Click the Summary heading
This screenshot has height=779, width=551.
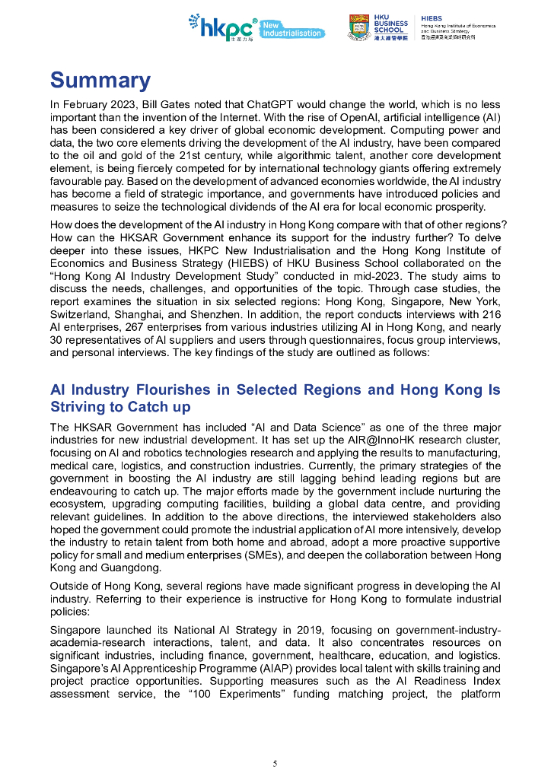click(100, 81)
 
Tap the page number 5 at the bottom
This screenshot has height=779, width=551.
click(275, 763)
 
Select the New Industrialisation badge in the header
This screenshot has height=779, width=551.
click(292, 30)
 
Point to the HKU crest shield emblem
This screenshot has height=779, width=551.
click(358, 27)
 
